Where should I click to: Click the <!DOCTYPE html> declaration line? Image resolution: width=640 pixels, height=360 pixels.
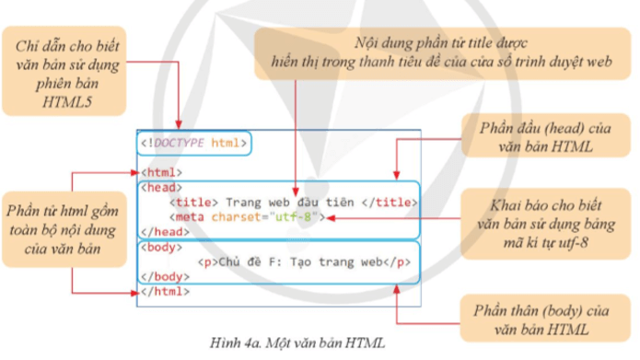click(x=194, y=145)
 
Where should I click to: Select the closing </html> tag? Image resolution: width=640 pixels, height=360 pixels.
click(x=163, y=291)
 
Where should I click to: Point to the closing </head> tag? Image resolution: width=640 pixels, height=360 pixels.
click(x=163, y=232)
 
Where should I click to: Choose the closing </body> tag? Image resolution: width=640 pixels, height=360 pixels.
click(x=163, y=276)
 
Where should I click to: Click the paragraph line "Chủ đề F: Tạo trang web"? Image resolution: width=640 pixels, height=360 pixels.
click(x=304, y=261)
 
